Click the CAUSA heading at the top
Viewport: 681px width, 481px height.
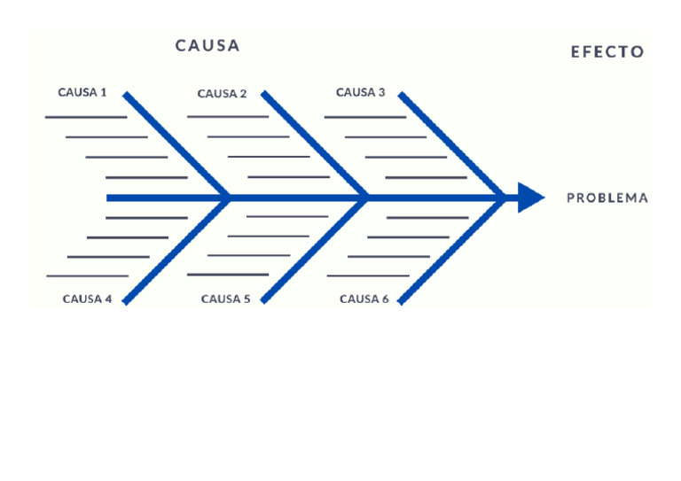[x=207, y=46]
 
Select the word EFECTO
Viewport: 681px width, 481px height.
[x=607, y=52]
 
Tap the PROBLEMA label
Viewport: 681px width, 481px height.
[x=607, y=198]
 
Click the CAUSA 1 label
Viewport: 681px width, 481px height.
[x=82, y=92]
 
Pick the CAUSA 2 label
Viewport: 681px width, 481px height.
[x=222, y=94]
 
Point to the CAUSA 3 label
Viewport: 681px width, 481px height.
[x=360, y=92]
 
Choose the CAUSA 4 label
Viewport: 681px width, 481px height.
[x=87, y=299]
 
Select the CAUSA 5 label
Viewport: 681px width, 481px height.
[x=225, y=299]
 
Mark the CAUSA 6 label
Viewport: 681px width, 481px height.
[x=364, y=299]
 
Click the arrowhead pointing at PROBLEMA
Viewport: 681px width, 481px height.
[x=530, y=198]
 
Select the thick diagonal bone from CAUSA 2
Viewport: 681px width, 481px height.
[x=314, y=144]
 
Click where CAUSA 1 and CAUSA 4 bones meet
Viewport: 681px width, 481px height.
[x=229, y=198]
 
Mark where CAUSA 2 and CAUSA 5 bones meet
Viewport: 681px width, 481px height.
[x=367, y=198]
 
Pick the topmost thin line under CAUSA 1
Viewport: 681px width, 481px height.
[x=86, y=116]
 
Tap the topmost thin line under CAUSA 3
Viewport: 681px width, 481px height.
[x=364, y=116]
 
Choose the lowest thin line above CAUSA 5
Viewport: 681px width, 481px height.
[x=228, y=275]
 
